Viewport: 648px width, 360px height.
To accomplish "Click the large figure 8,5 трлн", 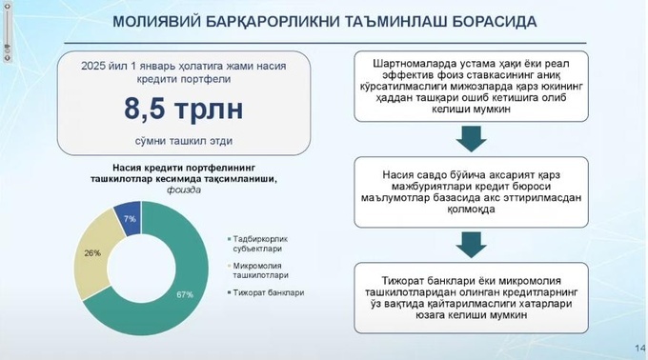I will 184,110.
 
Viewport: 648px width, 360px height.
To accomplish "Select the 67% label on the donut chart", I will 186,294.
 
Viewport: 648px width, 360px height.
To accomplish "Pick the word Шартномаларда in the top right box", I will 405,66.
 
